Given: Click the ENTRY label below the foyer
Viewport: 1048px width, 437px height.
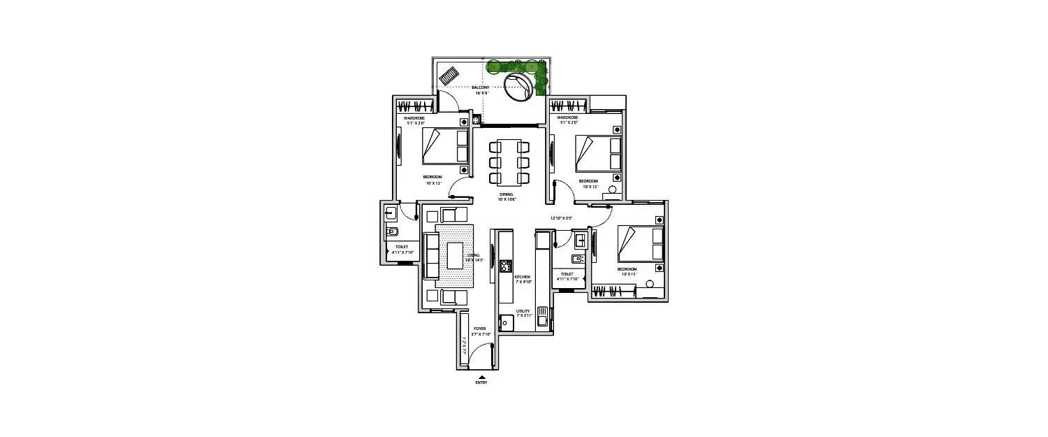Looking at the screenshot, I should coord(481,382).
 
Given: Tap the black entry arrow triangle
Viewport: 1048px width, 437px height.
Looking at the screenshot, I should coord(481,377).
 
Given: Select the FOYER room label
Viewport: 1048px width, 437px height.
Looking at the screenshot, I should coord(480,328).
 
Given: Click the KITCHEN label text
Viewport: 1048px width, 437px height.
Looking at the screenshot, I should coord(523,277).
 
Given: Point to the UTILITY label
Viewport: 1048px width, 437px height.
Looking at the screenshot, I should coord(523,310).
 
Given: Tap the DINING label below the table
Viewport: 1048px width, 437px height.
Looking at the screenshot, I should coord(506,194).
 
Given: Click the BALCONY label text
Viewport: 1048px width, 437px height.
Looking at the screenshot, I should coord(480,87).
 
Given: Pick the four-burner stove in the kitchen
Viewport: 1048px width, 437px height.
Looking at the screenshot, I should coord(505,266).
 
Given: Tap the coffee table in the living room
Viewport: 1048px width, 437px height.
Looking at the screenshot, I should coord(455,255).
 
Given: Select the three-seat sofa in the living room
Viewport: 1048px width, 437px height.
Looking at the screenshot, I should coord(431,255).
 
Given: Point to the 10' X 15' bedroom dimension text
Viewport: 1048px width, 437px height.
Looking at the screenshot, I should coord(626,274).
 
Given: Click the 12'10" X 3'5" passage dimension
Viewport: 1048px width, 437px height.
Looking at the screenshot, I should coord(561,218).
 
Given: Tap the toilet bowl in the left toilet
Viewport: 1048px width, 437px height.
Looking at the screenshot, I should coord(392,232).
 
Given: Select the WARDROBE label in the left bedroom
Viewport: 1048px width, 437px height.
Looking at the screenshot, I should coord(414,118).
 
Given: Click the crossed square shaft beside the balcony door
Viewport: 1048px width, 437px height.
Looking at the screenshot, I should coord(476,120).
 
